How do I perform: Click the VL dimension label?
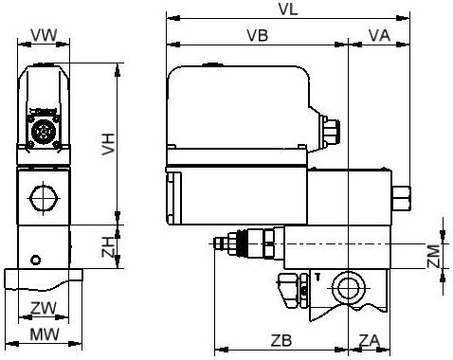point(288,9)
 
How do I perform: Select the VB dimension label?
point(258,35)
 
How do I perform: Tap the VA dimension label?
point(379,35)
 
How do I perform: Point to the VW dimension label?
point(45,35)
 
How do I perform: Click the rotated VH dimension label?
point(108,144)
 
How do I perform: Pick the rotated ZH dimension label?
point(108,247)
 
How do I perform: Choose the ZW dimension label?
point(44,308)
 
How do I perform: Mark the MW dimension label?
point(45,334)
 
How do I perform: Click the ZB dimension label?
point(281,340)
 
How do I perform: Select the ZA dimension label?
point(369,340)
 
